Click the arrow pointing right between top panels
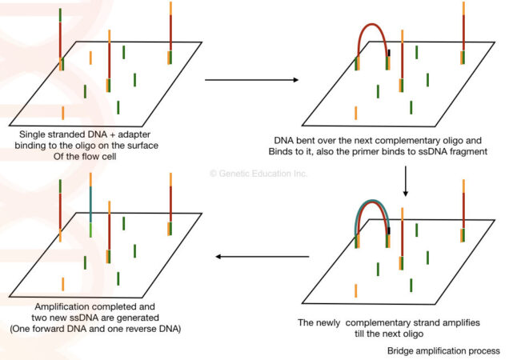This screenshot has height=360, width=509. [251, 80]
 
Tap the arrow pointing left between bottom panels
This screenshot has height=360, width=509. [264, 258]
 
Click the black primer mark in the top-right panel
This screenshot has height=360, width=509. [388, 54]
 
